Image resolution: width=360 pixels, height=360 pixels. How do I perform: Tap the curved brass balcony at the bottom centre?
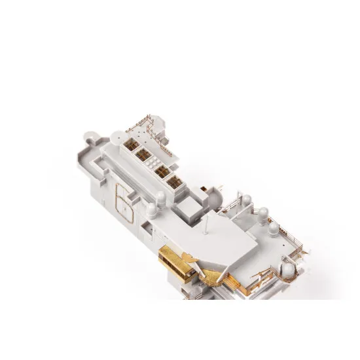click(211, 275)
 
